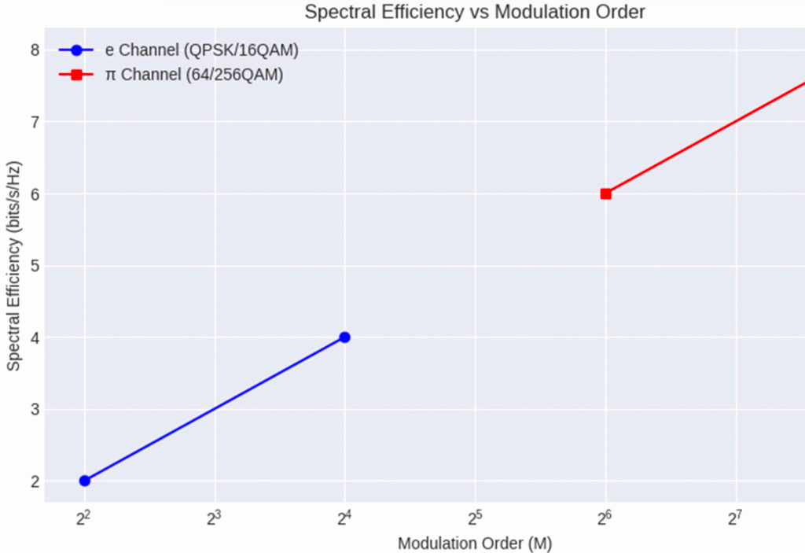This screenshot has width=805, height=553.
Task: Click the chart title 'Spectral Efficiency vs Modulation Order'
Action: click(x=475, y=12)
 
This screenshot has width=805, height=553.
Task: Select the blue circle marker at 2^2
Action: click(x=85, y=481)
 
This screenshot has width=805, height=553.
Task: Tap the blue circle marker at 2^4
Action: click(x=344, y=337)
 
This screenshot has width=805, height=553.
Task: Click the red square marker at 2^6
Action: click(x=605, y=194)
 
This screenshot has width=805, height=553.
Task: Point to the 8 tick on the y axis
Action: click(x=35, y=50)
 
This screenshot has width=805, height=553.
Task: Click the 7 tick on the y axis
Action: click(x=35, y=122)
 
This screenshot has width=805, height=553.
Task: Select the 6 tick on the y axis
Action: click(x=35, y=194)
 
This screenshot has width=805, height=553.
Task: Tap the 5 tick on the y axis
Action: click(x=35, y=266)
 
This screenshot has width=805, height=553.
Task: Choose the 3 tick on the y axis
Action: click(x=35, y=410)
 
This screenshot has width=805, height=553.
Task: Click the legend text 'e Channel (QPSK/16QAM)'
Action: click(x=202, y=50)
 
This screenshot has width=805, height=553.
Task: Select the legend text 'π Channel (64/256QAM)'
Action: click(x=194, y=76)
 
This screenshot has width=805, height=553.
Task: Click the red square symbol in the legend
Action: click(x=76, y=76)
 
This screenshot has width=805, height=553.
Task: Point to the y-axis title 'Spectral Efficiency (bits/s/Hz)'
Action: click(x=14, y=266)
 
